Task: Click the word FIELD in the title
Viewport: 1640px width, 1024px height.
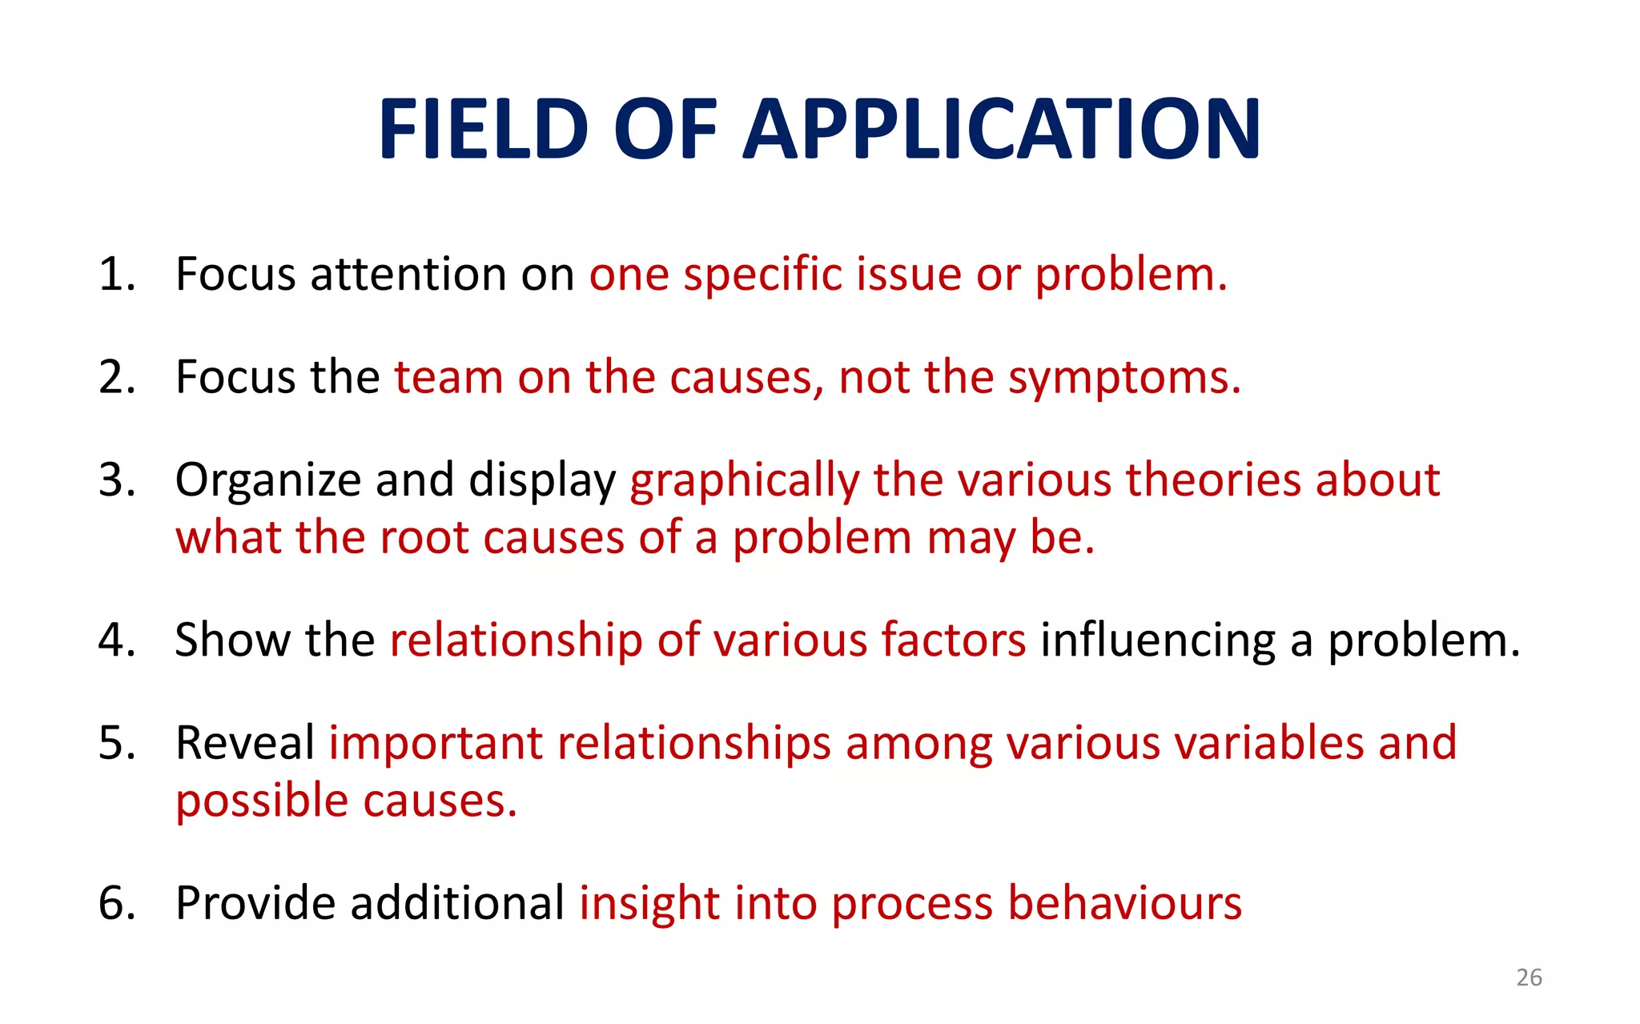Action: (x=484, y=130)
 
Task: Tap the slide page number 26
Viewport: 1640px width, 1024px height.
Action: (x=1529, y=978)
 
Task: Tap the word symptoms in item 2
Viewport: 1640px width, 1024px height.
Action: (x=1124, y=378)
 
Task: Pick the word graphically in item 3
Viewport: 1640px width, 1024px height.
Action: (x=745, y=480)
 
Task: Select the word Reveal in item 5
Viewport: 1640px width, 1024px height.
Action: (x=245, y=743)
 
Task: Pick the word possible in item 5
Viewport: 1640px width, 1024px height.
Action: (x=262, y=801)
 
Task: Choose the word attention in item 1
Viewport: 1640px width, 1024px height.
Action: (x=408, y=275)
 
